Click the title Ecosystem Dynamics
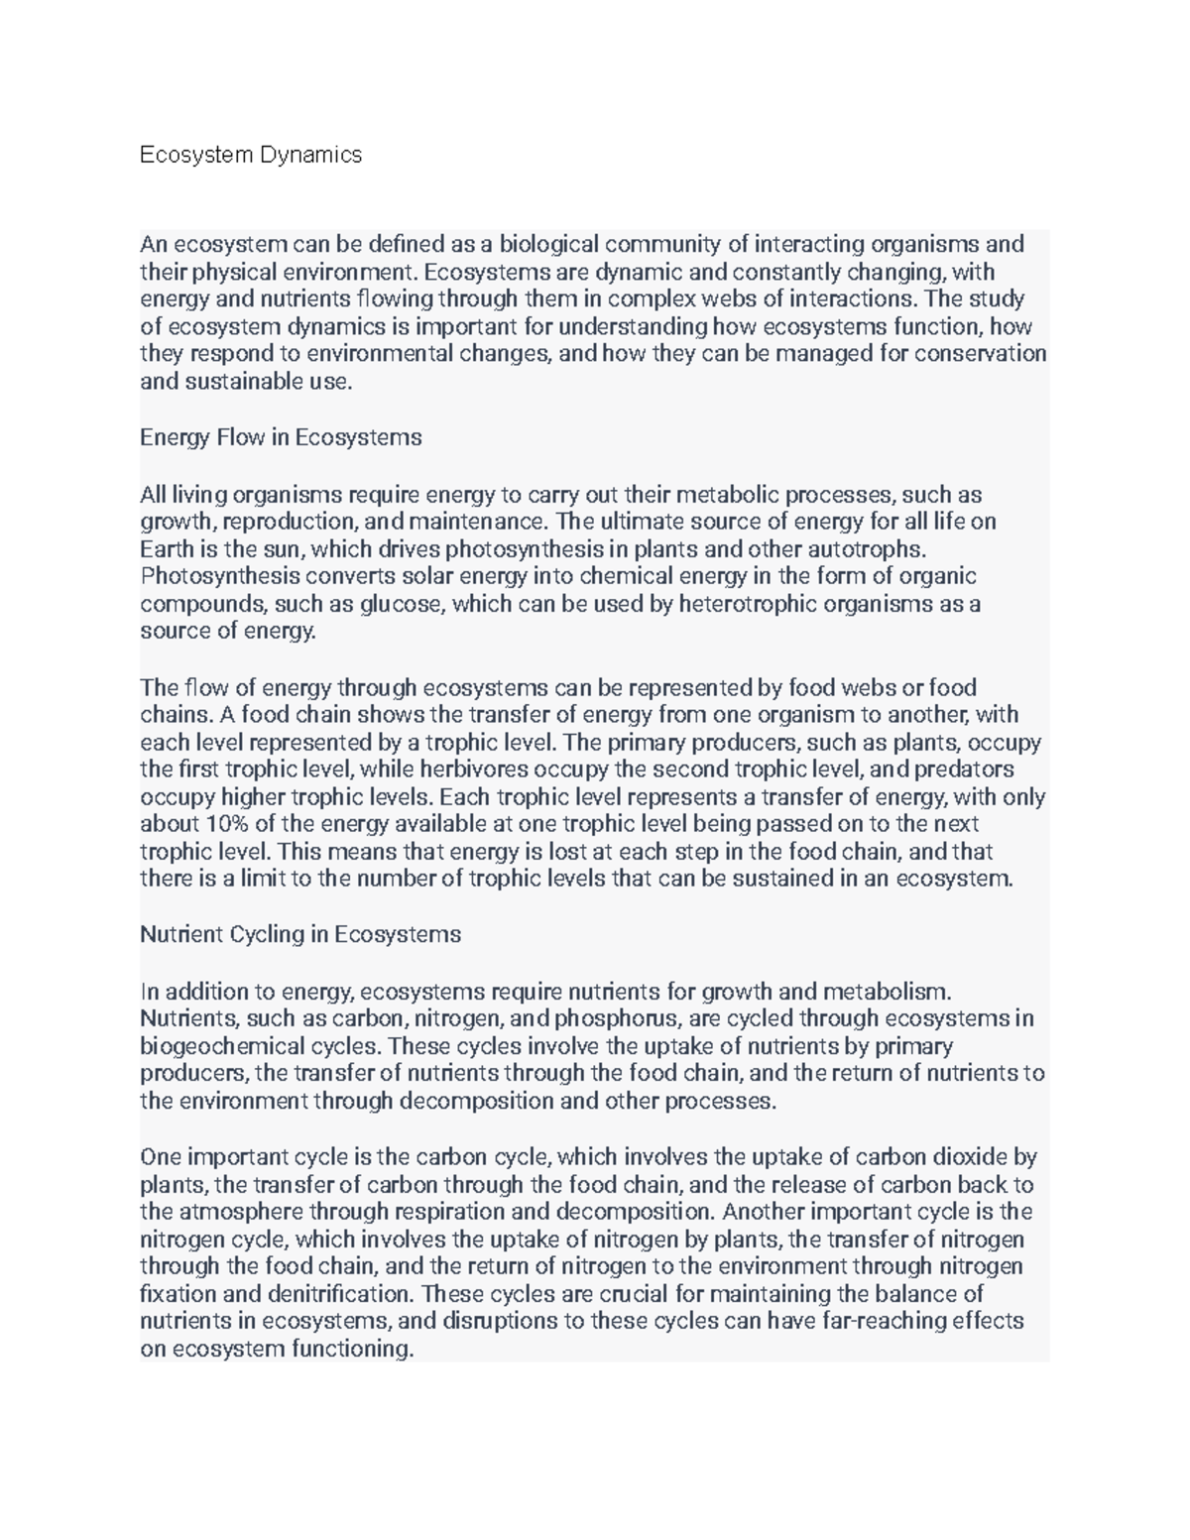tap(251, 155)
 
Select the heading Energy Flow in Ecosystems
tap(281, 437)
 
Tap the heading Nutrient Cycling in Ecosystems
tap(300, 934)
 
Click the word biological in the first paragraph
tap(548, 244)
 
